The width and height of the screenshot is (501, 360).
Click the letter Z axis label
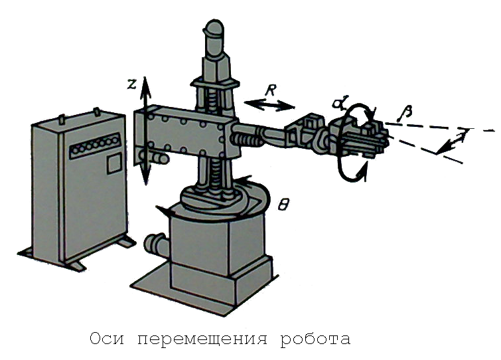pos(132,84)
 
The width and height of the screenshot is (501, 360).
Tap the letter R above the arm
pos(270,91)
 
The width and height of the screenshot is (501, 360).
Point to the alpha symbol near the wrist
pos(338,103)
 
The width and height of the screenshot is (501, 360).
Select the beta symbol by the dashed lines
pos(405,113)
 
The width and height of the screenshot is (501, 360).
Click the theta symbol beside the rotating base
pos(283,205)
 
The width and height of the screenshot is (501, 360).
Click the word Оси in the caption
pos(107,339)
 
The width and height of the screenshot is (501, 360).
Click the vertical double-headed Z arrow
pos(146,131)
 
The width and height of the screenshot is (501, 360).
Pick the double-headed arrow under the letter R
pos(269,105)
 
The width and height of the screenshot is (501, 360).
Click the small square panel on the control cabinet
pos(114,163)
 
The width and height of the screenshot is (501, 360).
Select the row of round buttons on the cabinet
pos(96,145)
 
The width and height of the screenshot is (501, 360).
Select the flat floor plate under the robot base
pos(204,288)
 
